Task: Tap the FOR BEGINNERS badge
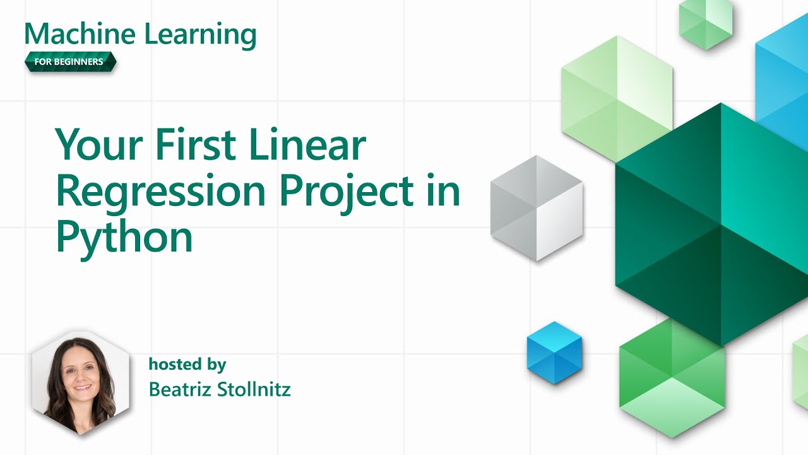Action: (x=71, y=62)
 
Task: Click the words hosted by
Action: (x=187, y=364)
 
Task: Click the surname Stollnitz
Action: (x=254, y=389)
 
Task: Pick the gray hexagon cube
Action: (x=536, y=208)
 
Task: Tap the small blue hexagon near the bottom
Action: (x=554, y=353)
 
